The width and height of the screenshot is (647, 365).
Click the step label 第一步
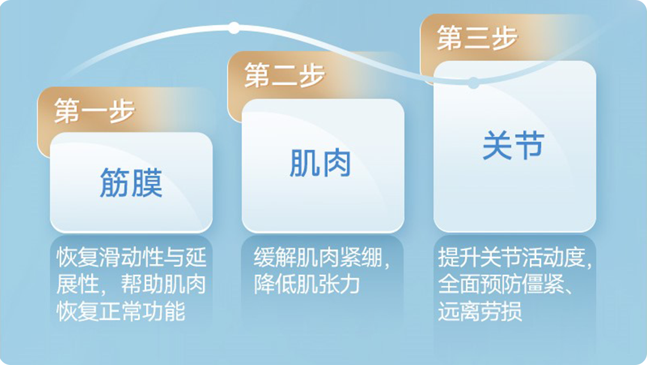(95, 111)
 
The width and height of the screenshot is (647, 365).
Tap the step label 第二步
(285, 75)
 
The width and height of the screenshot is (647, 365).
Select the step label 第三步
(477, 38)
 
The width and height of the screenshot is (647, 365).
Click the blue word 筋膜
(131, 182)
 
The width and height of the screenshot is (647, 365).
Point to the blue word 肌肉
(320, 163)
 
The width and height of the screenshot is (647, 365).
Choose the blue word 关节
(514, 145)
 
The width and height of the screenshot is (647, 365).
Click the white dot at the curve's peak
(234, 28)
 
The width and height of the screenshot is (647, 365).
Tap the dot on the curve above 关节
(474, 83)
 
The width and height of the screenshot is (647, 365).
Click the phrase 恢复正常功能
(121, 311)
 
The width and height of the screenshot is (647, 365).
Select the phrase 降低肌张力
(307, 285)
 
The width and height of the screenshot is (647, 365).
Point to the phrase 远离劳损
(480, 311)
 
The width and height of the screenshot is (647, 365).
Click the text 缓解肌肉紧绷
(318, 258)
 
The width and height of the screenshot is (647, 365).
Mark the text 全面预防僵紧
(501, 285)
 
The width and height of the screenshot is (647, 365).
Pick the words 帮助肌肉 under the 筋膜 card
(164, 285)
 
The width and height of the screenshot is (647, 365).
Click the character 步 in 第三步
(504, 38)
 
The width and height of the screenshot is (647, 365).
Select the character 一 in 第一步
(95, 112)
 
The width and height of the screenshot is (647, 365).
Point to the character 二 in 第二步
(285, 76)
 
